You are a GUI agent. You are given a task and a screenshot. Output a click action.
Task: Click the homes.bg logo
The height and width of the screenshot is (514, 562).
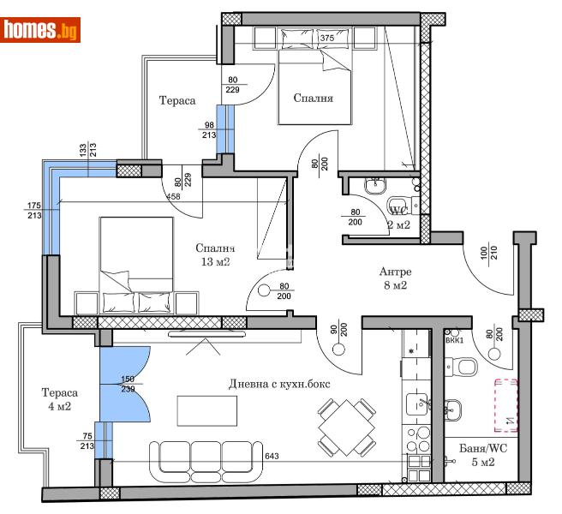pyautogui.click(x=41, y=30)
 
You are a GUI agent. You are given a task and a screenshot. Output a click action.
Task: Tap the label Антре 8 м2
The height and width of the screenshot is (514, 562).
pyautogui.click(x=396, y=279)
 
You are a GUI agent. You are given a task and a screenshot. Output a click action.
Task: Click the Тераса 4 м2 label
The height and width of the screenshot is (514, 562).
pyautogui.click(x=59, y=400)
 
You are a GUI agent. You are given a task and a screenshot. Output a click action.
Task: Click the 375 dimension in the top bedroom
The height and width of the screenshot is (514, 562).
pyautogui.click(x=326, y=38)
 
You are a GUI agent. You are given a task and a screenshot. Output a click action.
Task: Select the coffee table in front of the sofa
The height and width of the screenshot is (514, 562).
pyautogui.click(x=209, y=410)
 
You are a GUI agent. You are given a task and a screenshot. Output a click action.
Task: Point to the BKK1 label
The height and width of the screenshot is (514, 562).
pyautogui.click(x=455, y=340)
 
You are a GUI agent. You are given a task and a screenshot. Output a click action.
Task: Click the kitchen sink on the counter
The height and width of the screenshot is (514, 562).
pyautogui.click(x=419, y=403)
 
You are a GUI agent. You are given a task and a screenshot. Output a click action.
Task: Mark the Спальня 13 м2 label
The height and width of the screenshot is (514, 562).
pyautogui.click(x=213, y=255)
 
